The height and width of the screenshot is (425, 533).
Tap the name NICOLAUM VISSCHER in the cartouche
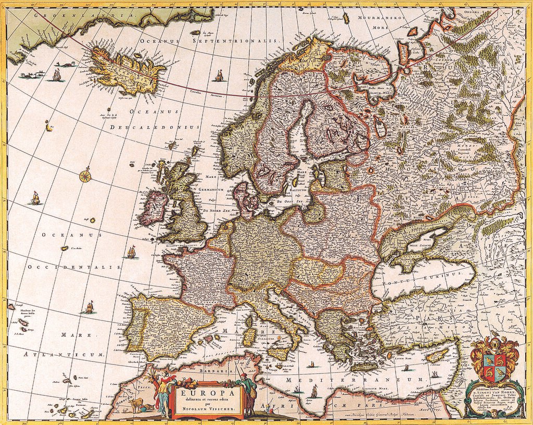pyautogui.click(x=207, y=409)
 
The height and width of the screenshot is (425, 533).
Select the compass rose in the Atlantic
pyautogui.click(x=85, y=175)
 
